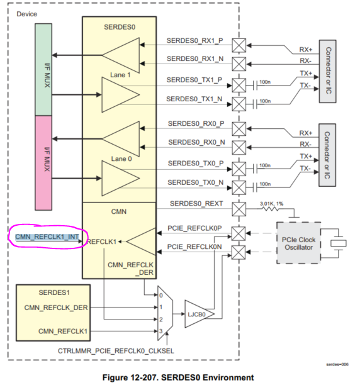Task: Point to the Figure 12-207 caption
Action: click(182, 377)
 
